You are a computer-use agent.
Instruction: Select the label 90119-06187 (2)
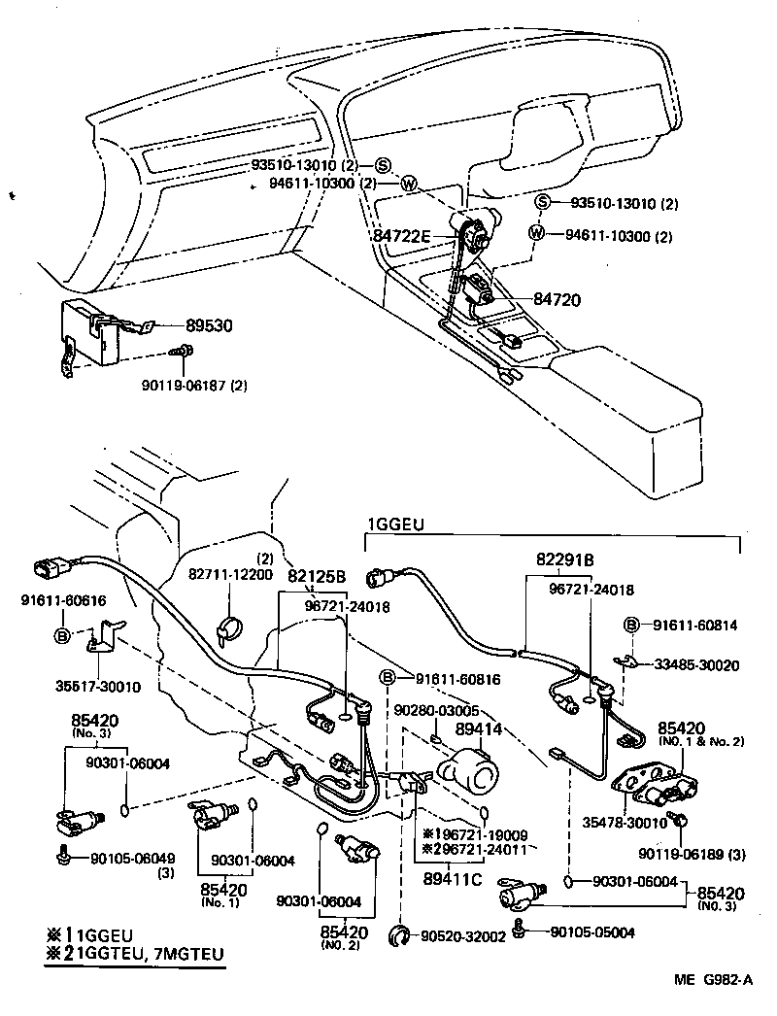pyautogui.click(x=200, y=385)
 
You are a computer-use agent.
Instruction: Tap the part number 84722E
pyautogui.click(x=402, y=235)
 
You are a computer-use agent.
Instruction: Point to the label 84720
pyautogui.click(x=557, y=300)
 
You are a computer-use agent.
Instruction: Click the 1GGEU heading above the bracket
pyautogui.click(x=394, y=525)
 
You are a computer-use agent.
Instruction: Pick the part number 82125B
pyautogui.click(x=316, y=575)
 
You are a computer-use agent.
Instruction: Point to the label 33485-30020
pyautogui.click(x=697, y=665)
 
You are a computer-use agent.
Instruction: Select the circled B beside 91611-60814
pyautogui.click(x=630, y=626)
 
